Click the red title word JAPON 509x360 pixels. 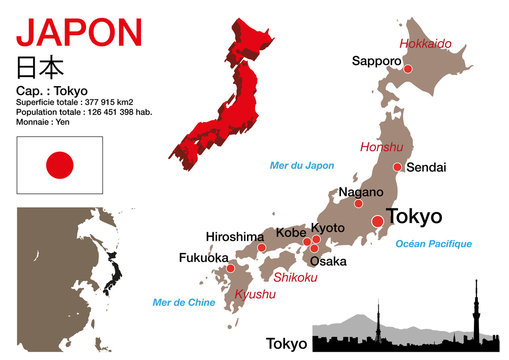coord(79,33)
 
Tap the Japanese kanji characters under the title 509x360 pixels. coord(41,68)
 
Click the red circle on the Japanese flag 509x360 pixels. coord(60,164)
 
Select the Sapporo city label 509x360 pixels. coord(376,61)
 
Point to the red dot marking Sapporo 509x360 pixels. coord(407,70)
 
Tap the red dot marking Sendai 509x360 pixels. coord(397,167)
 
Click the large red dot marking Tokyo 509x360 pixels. coord(376,221)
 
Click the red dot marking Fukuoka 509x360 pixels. coord(230,268)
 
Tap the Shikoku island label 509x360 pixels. coord(295,277)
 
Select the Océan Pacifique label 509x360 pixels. coord(433,243)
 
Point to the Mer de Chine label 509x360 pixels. coord(183,300)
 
